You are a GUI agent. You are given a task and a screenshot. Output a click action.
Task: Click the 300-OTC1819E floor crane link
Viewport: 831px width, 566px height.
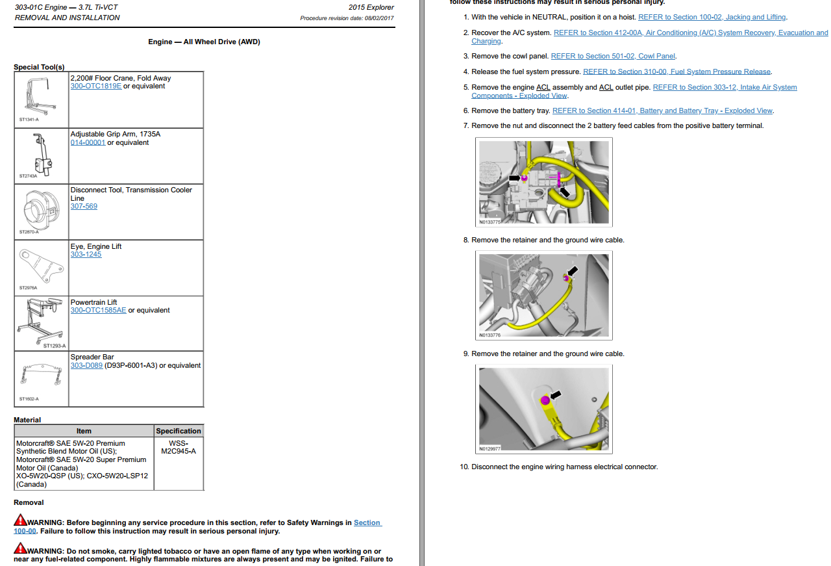click(x=95, y=86)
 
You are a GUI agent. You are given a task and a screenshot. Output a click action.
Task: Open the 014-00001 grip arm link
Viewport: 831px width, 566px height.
click(x=87, y=143)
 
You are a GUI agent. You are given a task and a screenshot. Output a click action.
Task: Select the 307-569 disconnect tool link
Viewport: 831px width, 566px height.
click(x=83, y=207)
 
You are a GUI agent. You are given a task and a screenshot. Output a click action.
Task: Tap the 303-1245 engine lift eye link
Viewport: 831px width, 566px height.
click(x=86, y=255)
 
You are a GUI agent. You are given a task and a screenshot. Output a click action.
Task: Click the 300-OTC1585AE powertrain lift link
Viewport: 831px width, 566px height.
click(x=98, y=311)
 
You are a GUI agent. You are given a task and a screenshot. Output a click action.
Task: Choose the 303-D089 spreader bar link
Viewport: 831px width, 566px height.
click(x=86, y=366)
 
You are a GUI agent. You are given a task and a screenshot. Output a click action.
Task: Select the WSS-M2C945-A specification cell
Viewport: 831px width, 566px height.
click(x=178, y=447)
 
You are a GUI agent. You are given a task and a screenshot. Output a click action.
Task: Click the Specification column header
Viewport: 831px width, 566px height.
click(x=179, y=431)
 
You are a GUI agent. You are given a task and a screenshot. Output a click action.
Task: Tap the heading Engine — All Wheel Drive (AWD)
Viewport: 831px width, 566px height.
click(x=204, y=42)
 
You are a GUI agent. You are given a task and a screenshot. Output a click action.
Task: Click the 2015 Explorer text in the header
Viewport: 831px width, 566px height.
click(x=371, y=8)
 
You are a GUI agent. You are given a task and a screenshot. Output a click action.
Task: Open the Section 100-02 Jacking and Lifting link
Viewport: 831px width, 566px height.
click(x=712, y=18)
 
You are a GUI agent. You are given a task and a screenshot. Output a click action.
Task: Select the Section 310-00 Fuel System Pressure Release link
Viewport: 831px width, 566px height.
click(x=677, y=72)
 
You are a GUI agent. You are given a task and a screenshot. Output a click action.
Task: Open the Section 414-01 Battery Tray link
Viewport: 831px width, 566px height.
click(x=662, y=111)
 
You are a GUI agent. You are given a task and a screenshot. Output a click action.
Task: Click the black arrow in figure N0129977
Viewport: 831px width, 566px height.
click(x=555, y=394)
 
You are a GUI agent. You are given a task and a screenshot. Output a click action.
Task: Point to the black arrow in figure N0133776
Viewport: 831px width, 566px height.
click(x=573, y=270)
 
